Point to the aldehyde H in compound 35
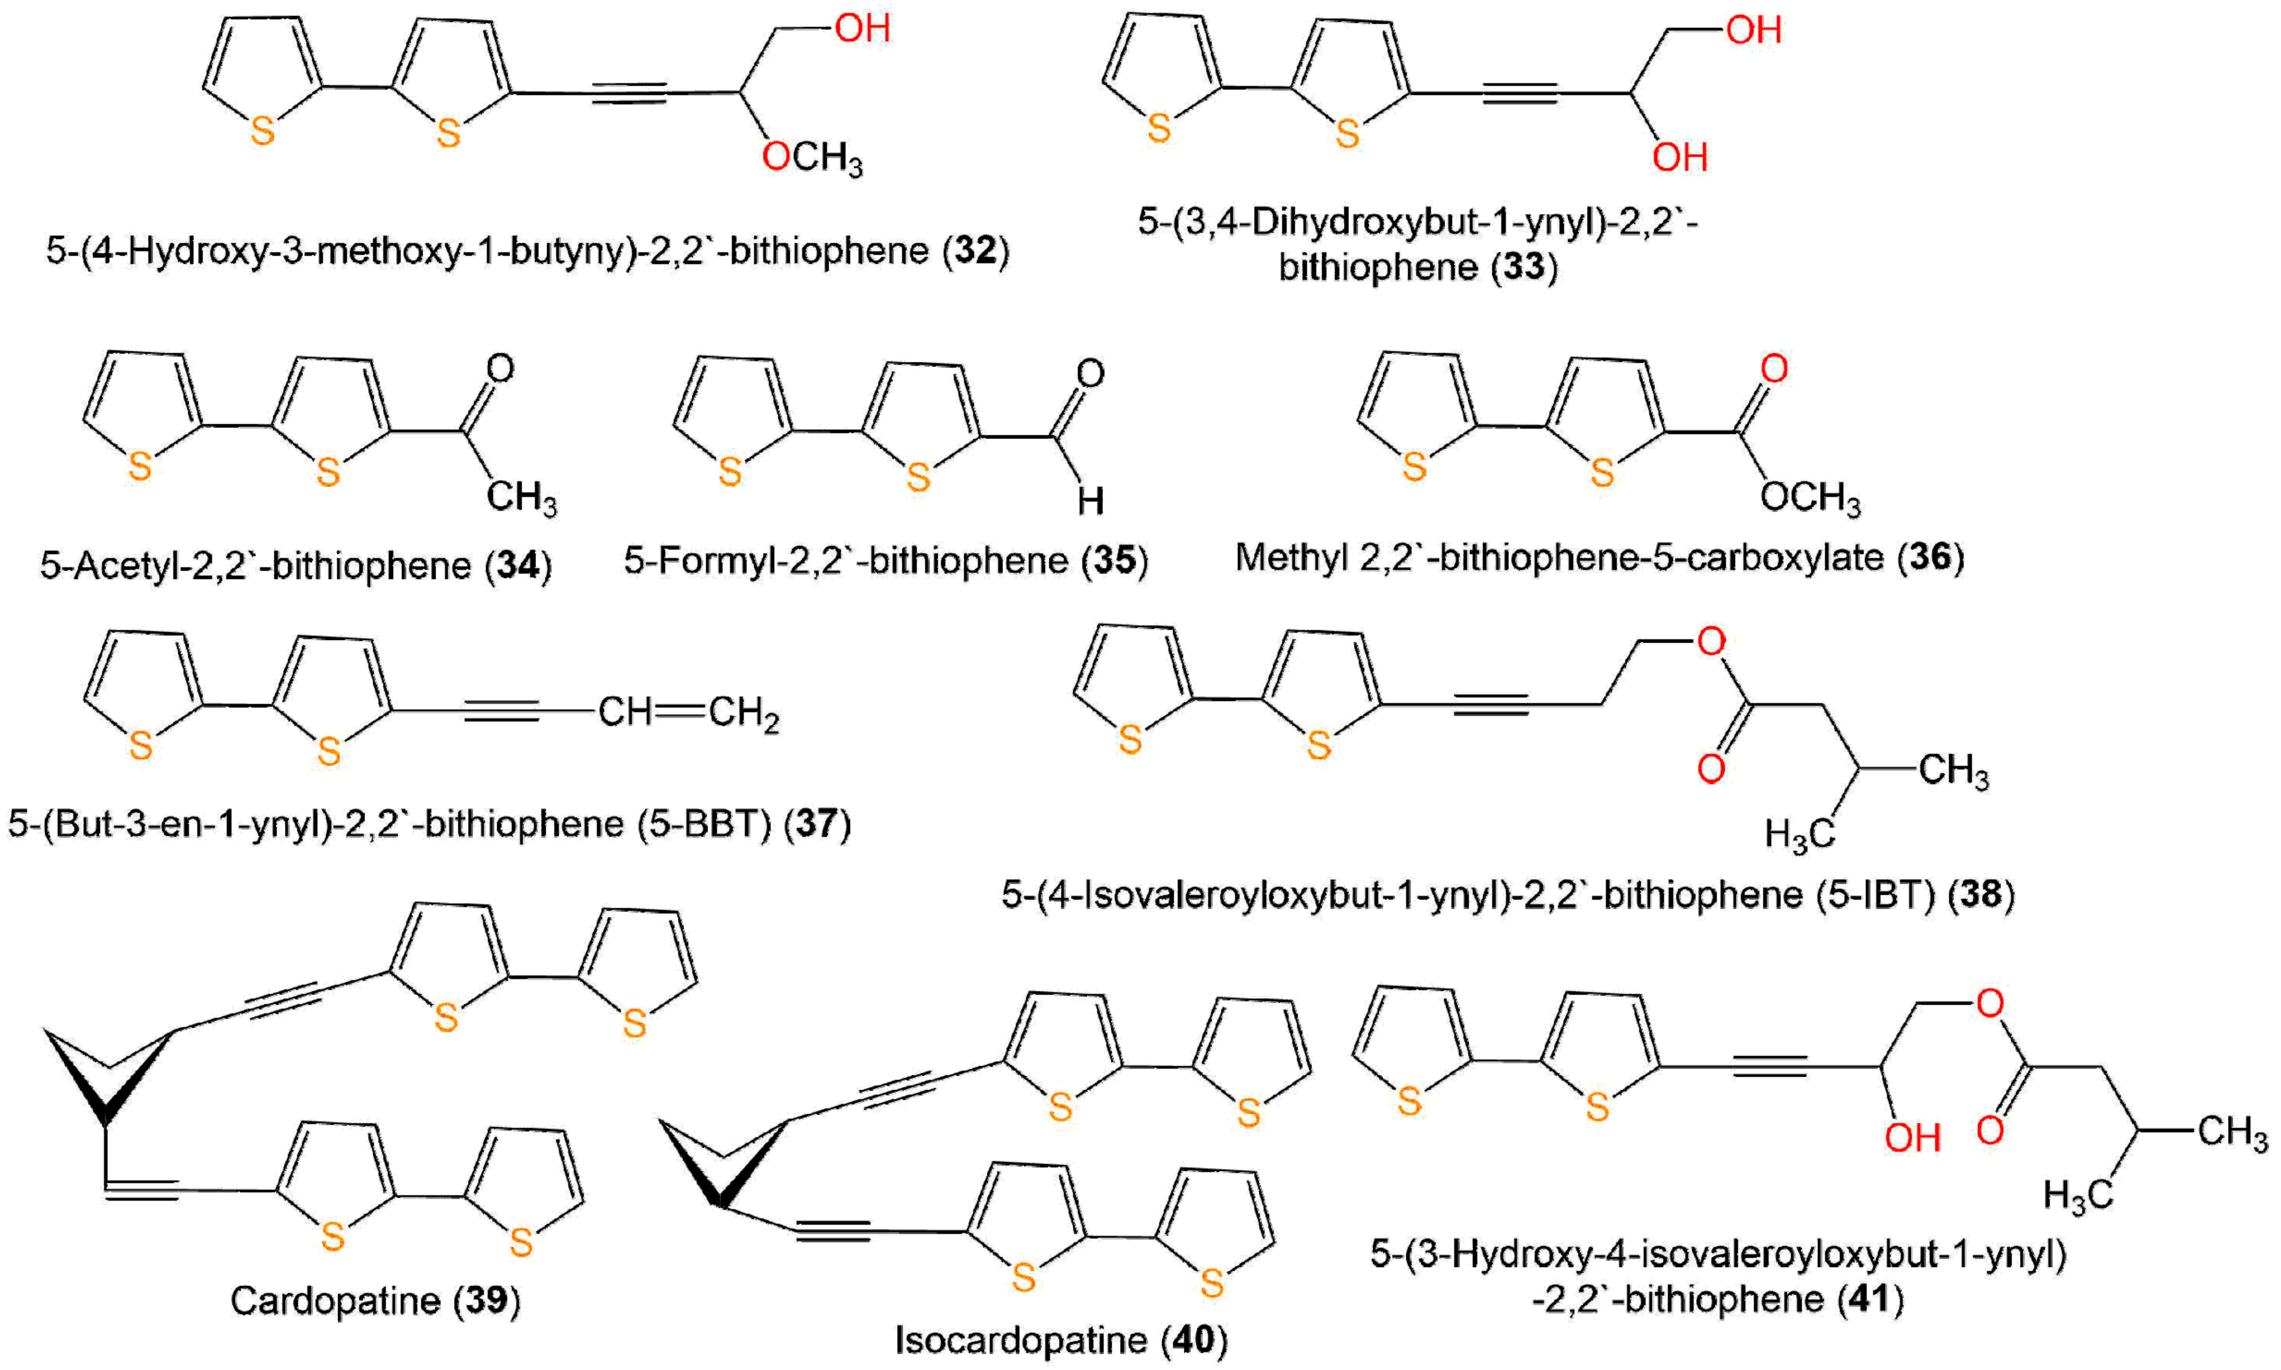click(1090, 501)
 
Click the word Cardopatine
click(335, 1301)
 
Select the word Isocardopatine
click(1020, 1340)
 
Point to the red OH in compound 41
click(1912, 1138)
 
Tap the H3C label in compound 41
click(2078, 1196)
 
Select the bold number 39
click(486, 1301)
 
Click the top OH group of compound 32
click(862, 28)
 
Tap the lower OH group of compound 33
click(1679, 157)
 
